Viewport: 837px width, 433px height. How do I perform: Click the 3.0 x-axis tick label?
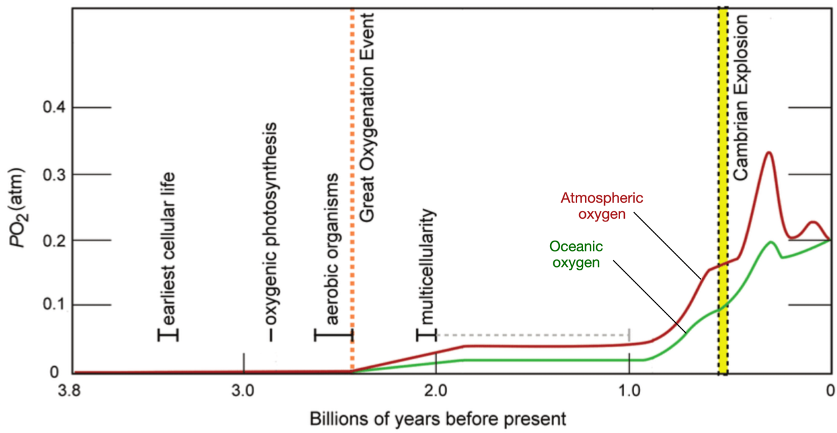click(244, 390)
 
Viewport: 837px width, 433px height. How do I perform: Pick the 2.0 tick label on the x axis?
click(436, 390)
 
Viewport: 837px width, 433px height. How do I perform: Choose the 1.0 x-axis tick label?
click(629, 390)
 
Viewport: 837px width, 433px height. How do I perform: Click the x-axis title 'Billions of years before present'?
click(436, 418)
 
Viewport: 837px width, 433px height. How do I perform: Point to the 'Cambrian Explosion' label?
click(741, 99)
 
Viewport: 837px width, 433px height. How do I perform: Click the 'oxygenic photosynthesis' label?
click(270, 225)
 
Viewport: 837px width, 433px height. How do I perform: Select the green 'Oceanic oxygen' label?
click(576, 255)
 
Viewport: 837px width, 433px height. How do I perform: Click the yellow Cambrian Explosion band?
click(723, 198)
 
